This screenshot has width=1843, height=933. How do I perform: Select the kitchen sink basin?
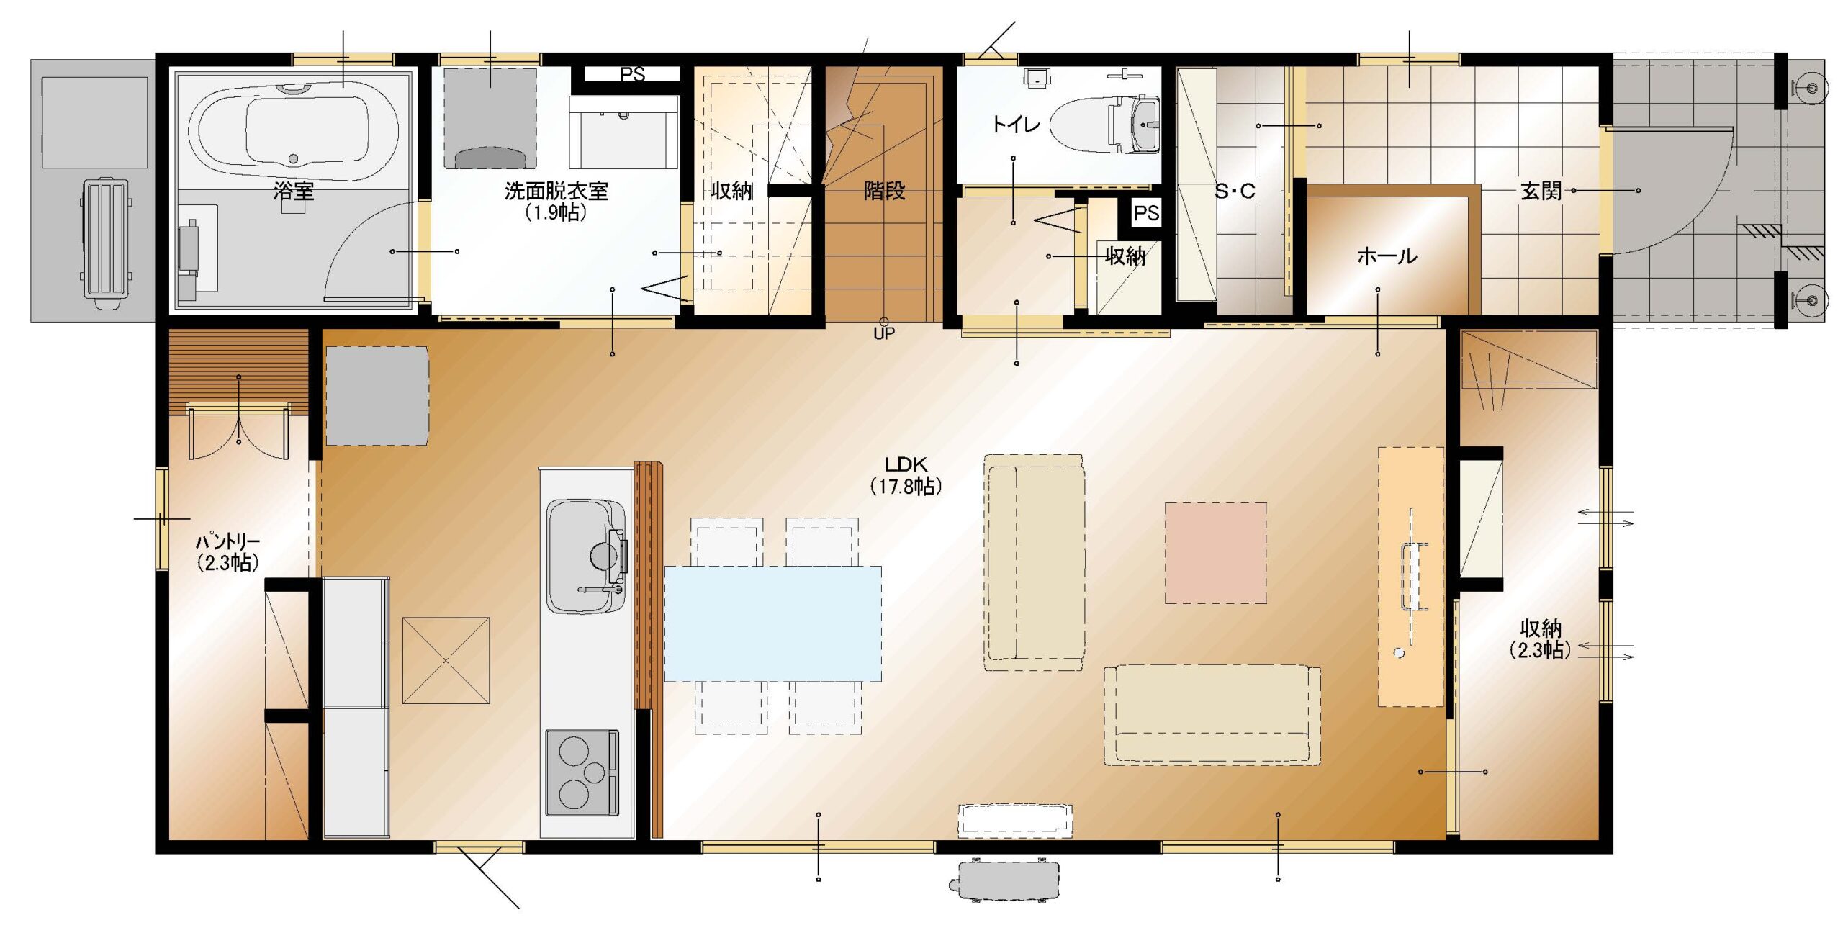click(585, 556)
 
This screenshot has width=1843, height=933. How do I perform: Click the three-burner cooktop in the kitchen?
click(582, 772)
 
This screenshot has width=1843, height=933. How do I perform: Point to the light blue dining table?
click(772, 623)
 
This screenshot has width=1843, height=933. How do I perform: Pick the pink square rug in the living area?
click(1215, 553)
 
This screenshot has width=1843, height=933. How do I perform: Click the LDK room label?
click(906, 464)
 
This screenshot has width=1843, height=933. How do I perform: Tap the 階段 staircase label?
click(884, 191)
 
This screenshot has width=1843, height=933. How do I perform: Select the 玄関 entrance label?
click(1541, 191)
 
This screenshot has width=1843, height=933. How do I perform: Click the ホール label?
click(1387, 256)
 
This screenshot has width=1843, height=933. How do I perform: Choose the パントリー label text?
click(227, 541)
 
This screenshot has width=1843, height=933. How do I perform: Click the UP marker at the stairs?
click(884, 333)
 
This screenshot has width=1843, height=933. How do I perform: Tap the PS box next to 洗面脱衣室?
click(632, 74)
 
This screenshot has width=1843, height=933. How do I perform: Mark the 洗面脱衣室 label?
click(556, 191)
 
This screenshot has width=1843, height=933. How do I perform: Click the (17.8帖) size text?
click(906, 487)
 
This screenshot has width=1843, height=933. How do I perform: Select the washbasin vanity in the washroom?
click(623, 132)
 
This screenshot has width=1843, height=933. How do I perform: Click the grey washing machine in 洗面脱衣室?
click(490, 119)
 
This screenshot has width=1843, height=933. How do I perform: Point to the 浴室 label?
click(294, 191)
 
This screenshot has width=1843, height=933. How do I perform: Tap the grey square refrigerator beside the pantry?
click(377, 396)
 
